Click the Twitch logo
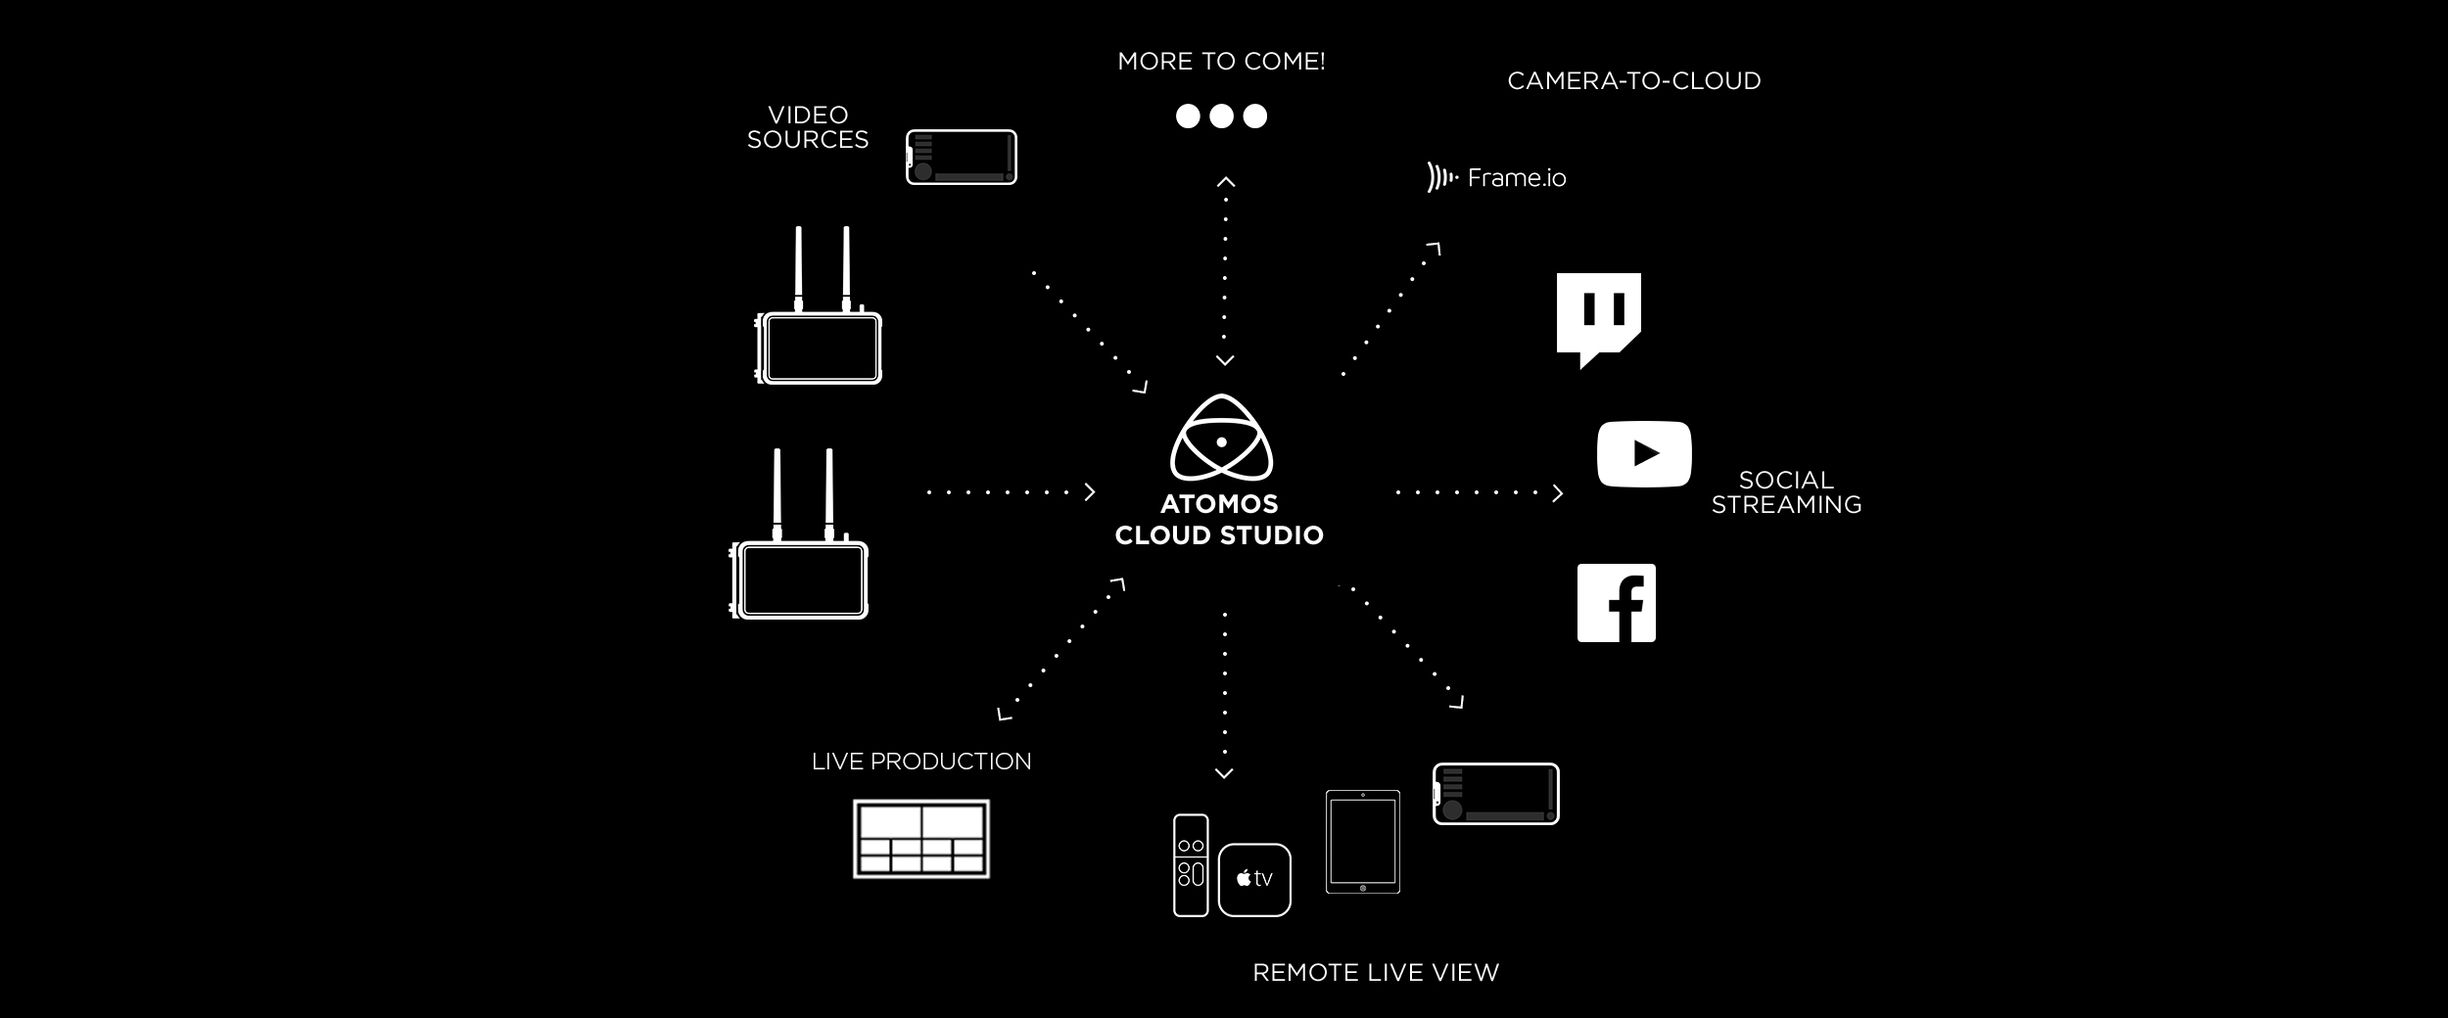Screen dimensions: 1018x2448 pyautogui.click(x=1598, y=316)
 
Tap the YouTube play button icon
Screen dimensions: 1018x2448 pyautogui.click(x=1644, y=454)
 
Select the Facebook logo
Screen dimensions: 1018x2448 pyautogui.click(x=1616, y=603)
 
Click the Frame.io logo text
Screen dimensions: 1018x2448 pyautogui.click(x=1516, y=178)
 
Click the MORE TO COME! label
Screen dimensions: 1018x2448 pyautogui.click(x=1221, y=62)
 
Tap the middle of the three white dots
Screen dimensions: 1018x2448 pyautogui.click(x=1221, y=116)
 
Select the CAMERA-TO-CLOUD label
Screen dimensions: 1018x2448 pyautogui.click(x=1633, y=81)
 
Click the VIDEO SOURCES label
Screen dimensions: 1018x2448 pyautogui.click(x=808, y=128)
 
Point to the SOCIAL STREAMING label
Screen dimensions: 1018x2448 pyautogui.click(x=1786, y=492)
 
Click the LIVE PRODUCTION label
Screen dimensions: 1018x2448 pyautogui.click(x=921, y=762)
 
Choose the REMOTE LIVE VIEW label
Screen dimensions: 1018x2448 pyautogui.click(x=1376, y=972)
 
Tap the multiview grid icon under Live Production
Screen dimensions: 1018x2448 pyautogui.click(x=921, y=839)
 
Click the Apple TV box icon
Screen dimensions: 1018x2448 pyautogui.click(x=1254, y=879)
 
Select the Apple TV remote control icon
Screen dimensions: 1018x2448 pyautogui.click(x=1191, y=865)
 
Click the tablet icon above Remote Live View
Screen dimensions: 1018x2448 pyautogui.click(x=1363, y=842)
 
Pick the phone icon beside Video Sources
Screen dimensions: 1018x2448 pyautogui.click(x=962, y=157)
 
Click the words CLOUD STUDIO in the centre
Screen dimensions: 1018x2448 pyautogui.click(x=1219, y=535)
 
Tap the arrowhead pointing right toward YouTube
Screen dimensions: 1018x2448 pyautogui.click(x=1558, y=493)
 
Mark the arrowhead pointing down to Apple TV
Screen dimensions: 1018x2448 pyautogui.click(x=1224, y=774)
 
